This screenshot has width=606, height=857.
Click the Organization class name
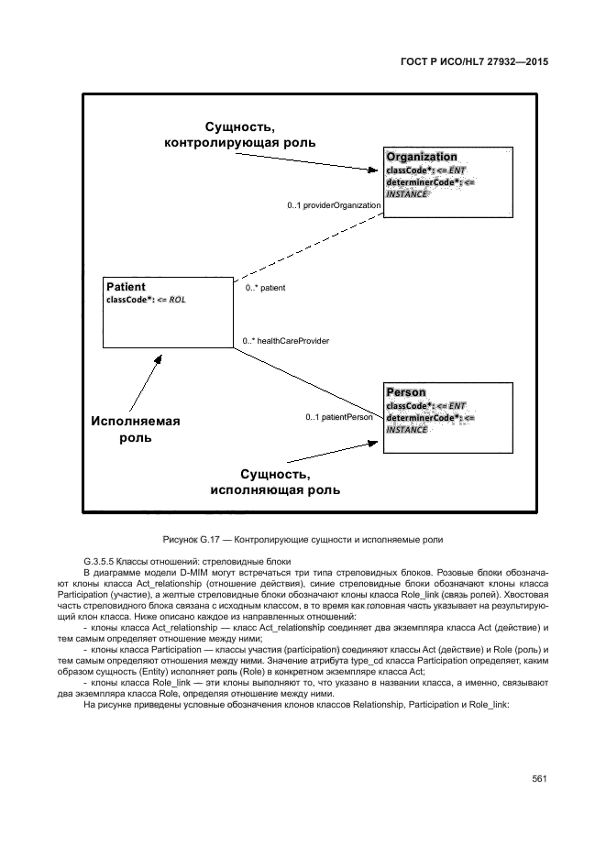tap(422, 157)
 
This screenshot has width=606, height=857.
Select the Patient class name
tap(127, 287)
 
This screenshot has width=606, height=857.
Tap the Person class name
tap(406, 392)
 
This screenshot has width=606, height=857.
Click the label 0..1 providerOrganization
tap(334, 205)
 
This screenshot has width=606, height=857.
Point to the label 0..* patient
tap(265, 288)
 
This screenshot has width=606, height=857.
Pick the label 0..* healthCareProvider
tap(285, 341)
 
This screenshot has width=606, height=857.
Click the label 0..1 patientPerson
tap(339, 417)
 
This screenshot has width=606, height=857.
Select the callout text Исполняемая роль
tap(136, 430)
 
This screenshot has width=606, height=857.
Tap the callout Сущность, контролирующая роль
tap(240, 135)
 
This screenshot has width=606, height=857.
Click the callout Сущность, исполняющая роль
tap(275, 482)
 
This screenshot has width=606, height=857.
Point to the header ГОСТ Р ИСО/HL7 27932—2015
tap(480, 62)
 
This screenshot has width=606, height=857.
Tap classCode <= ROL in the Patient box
tap(146, 300)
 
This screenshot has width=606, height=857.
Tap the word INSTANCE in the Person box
tap(406, 430)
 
